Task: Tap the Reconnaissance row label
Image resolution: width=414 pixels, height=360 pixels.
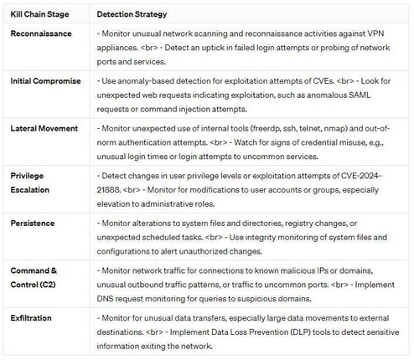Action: [41, 33]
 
